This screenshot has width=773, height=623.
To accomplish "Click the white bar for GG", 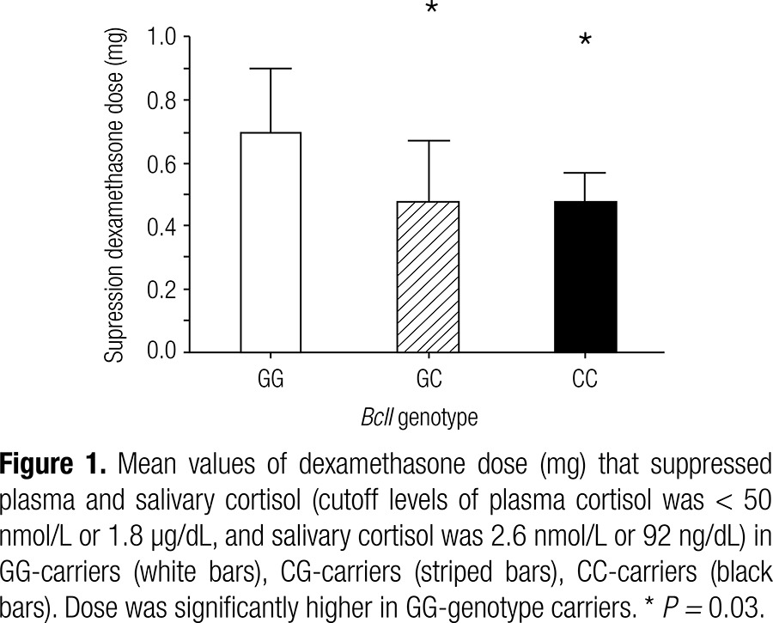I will point(271,242).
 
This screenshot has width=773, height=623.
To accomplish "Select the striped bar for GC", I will point(429,277).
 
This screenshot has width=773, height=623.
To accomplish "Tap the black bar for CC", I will point(587,277).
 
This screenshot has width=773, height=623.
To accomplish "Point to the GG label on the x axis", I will point(271,378).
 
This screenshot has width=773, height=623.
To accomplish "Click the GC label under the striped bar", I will point(429,378).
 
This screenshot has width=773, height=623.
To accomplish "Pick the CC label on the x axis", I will point(587,378).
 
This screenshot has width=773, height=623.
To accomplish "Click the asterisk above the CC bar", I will point(586,41).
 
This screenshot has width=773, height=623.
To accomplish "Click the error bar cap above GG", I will point(271,69).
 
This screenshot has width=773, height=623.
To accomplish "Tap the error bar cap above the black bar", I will point(587,174).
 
